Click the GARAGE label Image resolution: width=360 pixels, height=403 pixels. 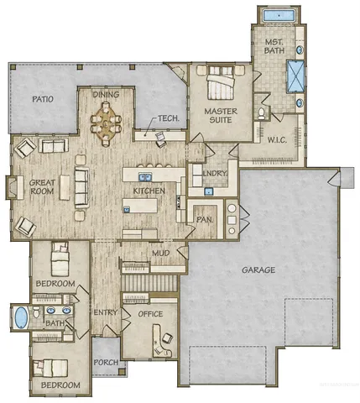[x=260, y=270]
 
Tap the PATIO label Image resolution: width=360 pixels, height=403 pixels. [x=43, y=99]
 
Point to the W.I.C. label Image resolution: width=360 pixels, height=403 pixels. [x=278, y=140]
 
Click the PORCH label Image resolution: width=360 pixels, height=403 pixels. [x=106, y=364]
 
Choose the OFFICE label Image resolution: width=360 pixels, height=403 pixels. [x=138, y=313]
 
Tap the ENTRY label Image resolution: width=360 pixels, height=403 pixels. [x=104, y=312]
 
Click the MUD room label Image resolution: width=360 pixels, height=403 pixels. [x=160, y=253]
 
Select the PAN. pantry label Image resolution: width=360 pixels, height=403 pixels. [x=204, y=220]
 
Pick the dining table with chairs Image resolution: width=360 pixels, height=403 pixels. [x=106, y=127]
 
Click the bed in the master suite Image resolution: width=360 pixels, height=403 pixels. [x=222, y=86]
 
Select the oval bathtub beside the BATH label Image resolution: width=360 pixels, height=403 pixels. [x=21, y=318]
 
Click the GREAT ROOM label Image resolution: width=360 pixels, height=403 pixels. [x=42, y=187]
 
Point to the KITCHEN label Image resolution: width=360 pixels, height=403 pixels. [x=148, y=191]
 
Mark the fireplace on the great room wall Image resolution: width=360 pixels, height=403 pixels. [x=12, y=186]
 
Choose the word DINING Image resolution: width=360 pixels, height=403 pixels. [x=106, y=96]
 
